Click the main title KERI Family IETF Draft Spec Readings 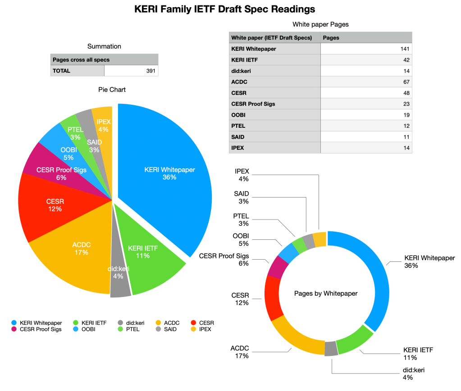tap(225, 9)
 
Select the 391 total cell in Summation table tap(131, 71)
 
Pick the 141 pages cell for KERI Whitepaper tap(366, 49)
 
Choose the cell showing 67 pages tap(366, 82)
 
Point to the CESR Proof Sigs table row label tap(253, 104)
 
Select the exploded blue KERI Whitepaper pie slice tap(167, 175)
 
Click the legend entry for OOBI tap(86, 329)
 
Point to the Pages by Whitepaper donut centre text tap(325, 293)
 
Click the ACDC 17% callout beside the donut tap(239, 352)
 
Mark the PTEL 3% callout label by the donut tap(241, 220)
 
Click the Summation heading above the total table tap(104, 46)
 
